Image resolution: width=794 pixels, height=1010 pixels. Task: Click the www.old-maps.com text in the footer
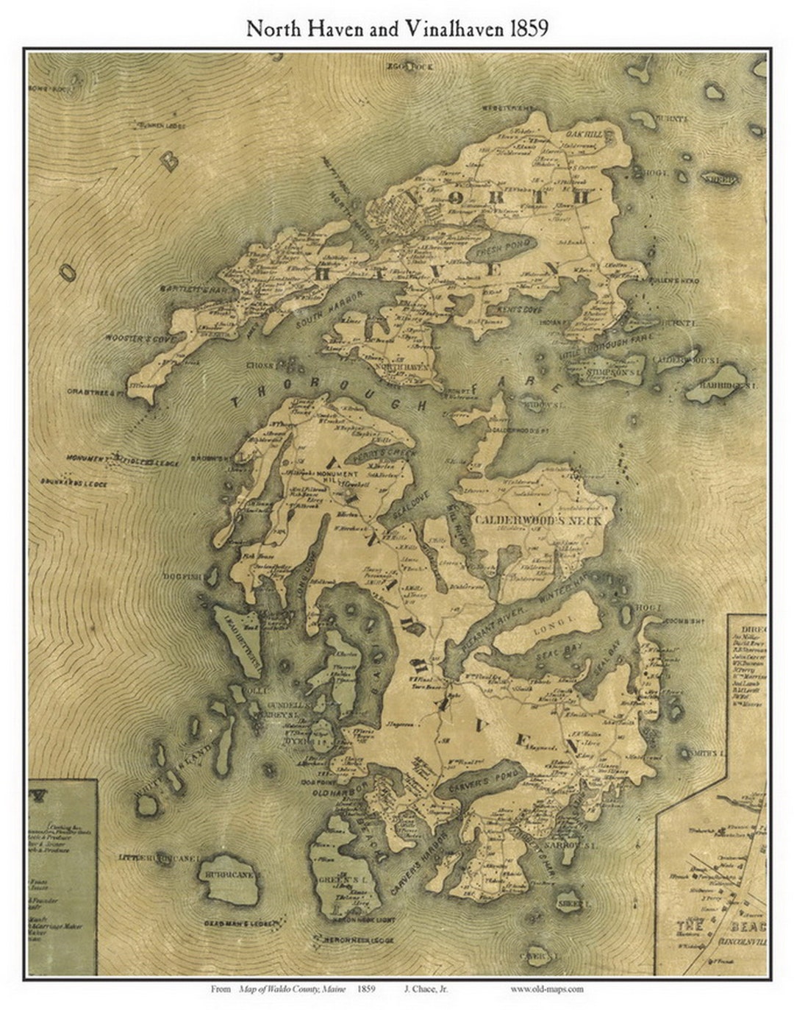[x=547, y=989]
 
